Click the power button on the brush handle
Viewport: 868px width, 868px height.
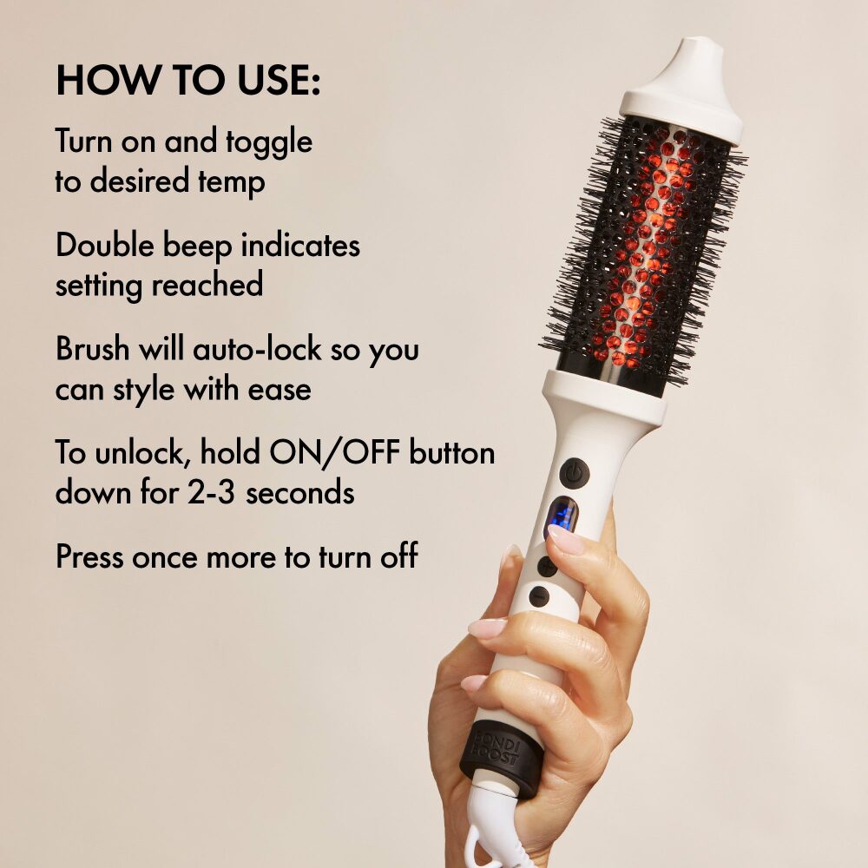pos(575,473)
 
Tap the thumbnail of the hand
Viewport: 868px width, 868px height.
pos(566,539)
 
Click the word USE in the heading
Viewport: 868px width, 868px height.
pos(279,80)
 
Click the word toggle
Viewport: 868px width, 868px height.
pos(269,143)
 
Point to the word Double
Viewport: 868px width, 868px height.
pos(105,246)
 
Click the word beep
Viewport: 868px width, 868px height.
pos(198,247)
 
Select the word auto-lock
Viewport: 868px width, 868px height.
pos(257,349)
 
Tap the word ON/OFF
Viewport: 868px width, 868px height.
pos(334,453)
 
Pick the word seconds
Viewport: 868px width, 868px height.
pos(300,493)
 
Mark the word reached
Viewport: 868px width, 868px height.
pos(207,285)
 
